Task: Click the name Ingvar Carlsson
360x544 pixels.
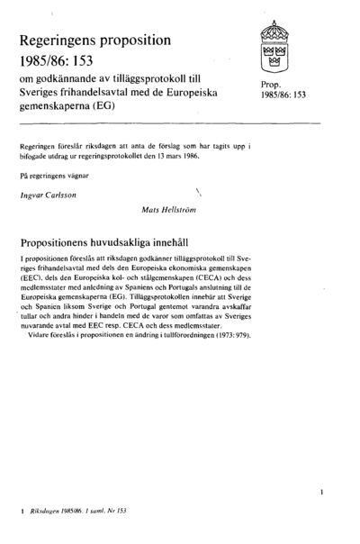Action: click(48, 194)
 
